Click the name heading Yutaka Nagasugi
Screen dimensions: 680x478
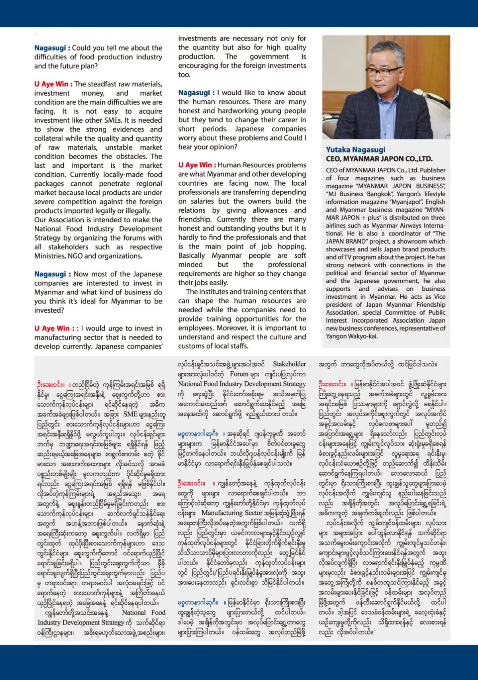(x=355, y=149)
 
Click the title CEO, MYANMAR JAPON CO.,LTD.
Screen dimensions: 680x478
(x=379, y=159)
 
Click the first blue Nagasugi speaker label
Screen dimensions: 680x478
(x=52, y=48)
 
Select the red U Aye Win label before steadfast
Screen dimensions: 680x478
(x=53, y=84)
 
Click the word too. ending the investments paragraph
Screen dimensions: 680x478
(x=184, y=74)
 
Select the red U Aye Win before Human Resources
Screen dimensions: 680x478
(x=197, y=165)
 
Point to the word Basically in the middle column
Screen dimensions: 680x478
(x=193, y=256)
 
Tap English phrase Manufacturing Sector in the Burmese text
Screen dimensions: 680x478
(x=232, y=513)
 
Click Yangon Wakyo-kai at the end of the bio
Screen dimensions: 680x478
(x=351, y=336)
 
